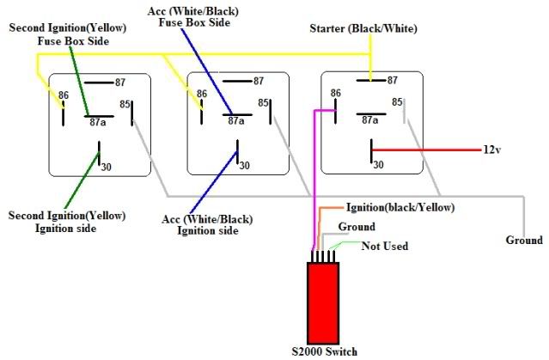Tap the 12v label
tap(491, 149)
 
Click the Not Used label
tap(384, 246)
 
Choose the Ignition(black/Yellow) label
tap(400, 208)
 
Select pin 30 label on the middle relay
tap(244, 166)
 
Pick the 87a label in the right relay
tap(372, 120)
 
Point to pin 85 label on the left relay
tap(126, 105)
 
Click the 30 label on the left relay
tap(107, 166)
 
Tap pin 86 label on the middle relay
tap(201, 94)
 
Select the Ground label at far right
tap(523, 240)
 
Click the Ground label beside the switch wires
tap(356, 227)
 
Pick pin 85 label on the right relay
tap(398, 102)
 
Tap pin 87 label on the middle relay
tap(259, 82)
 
